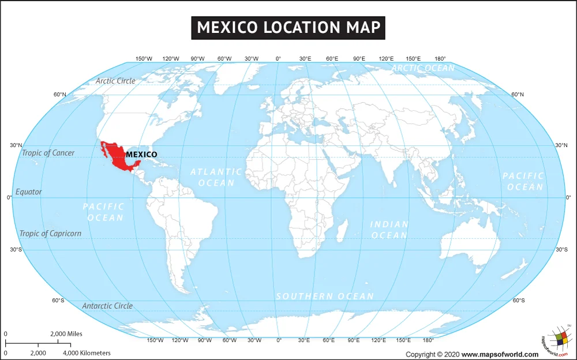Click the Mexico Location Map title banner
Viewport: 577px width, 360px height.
tap(288, 27)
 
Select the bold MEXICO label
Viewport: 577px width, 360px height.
tap(141, 154)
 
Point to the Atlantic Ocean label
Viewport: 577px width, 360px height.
tap(216, 177)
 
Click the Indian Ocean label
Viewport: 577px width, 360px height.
tap(389, 230)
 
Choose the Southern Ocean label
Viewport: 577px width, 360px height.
tap(325, 296)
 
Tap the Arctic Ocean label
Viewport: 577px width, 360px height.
tap(423, 68)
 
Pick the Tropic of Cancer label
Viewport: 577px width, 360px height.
tap(48, 153)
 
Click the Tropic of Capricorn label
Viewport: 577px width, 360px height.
tap(50, 234)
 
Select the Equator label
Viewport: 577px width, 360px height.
tap(29, 192)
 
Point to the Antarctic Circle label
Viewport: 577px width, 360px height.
tap(107, 306)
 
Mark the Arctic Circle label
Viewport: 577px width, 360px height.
tap(115, 81)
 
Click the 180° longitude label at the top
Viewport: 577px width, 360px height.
tap(440, 59)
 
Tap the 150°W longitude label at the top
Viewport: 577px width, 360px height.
tap(144, 59)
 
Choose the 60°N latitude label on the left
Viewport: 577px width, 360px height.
tap(60, 95)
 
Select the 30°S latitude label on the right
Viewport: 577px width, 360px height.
tap(561, 250)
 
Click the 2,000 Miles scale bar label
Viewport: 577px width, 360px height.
tap(66, 334)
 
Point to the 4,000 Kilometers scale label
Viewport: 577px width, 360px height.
tap(87, 353)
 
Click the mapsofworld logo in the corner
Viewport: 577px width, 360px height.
tap(557, 340)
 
